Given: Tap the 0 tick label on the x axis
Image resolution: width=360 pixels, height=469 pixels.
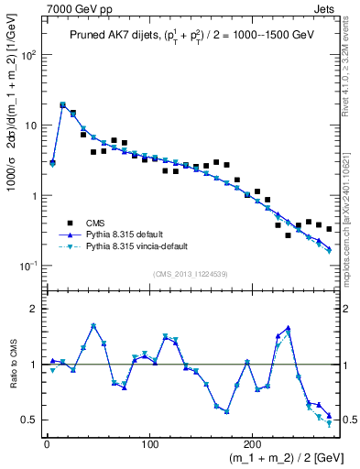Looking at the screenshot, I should tap(47, 441).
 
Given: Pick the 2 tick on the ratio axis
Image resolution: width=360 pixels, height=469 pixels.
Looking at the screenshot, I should tap(35, 309).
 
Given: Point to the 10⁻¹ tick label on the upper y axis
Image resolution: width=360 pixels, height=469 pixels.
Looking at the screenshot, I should tap(29, 266).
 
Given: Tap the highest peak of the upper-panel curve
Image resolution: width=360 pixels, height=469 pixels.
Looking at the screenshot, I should tap(62, 104).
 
